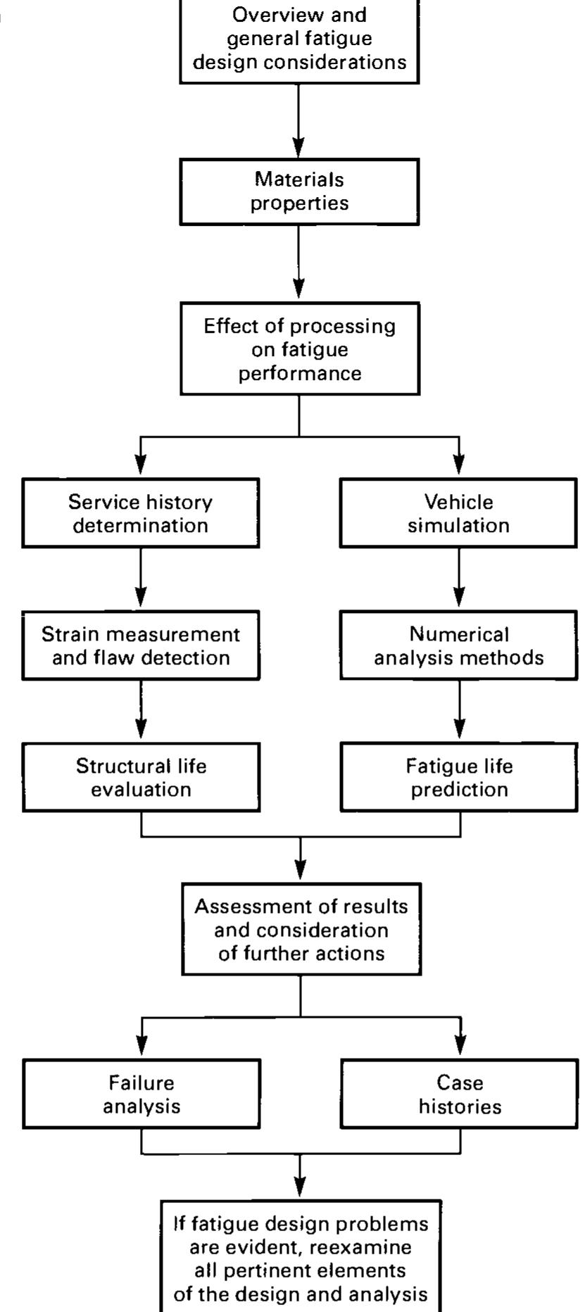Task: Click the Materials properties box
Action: point(299,191)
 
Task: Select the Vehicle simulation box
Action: point(458,513)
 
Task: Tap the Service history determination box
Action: point(141,513)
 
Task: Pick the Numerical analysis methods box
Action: point(458,645)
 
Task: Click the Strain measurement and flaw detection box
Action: point(141,645)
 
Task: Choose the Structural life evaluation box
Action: point(141,777)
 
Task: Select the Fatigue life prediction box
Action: point(458,777)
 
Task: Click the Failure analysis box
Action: point(141,1094)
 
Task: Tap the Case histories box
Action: point(458,1094)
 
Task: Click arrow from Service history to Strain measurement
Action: point(141,579)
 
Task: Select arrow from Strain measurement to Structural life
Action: point(141,711)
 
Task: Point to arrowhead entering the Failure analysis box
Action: point(141,1051)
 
